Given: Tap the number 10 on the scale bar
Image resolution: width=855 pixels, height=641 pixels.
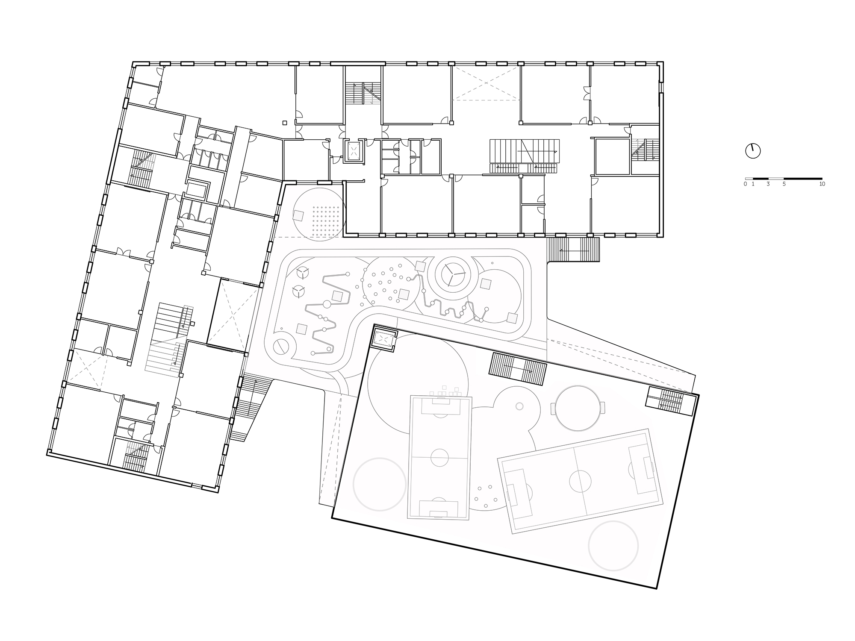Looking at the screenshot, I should [x=822, y=184].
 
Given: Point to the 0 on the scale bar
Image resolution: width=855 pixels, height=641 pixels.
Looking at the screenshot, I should [x=745, y=184].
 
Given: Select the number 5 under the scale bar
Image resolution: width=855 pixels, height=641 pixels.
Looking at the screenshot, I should [x=784, y=184].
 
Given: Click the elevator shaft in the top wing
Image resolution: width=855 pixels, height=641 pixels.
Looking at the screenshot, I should [x=354, y=150].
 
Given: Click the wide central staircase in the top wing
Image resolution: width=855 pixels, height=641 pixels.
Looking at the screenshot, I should [x=524, y=156].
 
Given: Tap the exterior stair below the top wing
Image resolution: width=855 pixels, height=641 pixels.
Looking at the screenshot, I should [x=574, y=250].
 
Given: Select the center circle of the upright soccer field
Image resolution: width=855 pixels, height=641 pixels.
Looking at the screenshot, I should [x=439, y=458].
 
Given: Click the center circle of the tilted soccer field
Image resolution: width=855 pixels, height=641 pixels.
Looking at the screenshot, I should [x=579, y=481].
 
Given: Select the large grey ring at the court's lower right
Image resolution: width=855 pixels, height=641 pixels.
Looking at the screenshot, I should [x=613, y=546].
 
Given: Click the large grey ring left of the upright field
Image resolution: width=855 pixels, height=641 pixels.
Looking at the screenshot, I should [x=379, y=484].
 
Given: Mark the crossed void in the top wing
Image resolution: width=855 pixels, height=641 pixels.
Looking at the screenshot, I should [x=486, y=84].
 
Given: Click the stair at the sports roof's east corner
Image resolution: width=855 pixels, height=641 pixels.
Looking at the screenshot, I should [x=669, y=401].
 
